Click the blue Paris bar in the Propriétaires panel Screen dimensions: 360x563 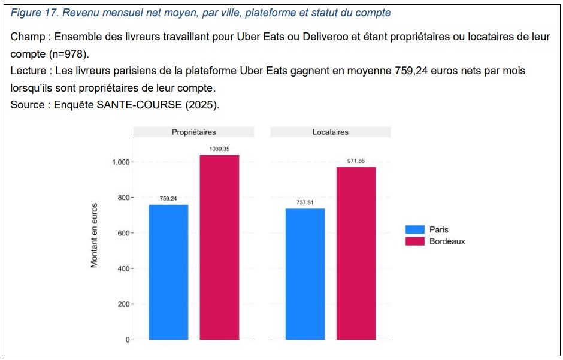click(x=168, y=272)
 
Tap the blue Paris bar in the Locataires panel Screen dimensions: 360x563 click(x=305, y=274)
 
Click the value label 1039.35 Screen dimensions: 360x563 click(x=219, y=149)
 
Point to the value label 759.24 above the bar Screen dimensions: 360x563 click(x=168, y=198)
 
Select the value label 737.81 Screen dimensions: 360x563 click(x=305, y=202)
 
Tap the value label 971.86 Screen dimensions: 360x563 click(x=356, y=161)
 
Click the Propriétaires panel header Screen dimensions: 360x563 click(x=193, y=132)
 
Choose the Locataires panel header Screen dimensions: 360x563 click(x=330, y=132)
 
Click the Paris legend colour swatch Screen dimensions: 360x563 click(x=414, y=229)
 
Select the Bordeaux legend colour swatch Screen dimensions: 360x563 click(x=414, y=241)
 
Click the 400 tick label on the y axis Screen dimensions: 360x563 click(x=123, y=269)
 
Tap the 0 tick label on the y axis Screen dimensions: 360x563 click(x=127, y=340)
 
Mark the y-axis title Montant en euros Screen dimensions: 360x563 click(x=94, y=235)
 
